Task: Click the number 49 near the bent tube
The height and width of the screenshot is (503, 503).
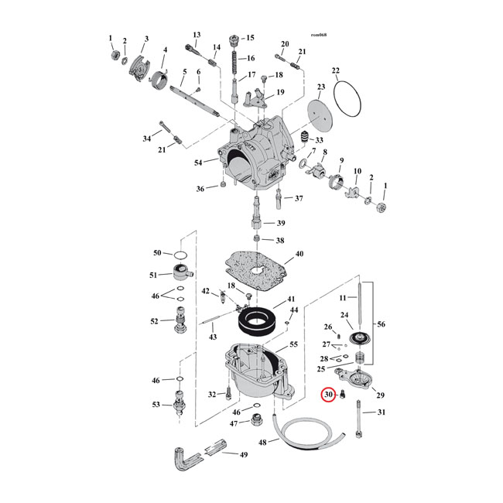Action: coord(245,454)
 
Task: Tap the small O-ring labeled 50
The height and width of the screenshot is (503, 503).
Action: coord(180,255)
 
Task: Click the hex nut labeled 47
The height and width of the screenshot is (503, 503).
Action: coord(254,423)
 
